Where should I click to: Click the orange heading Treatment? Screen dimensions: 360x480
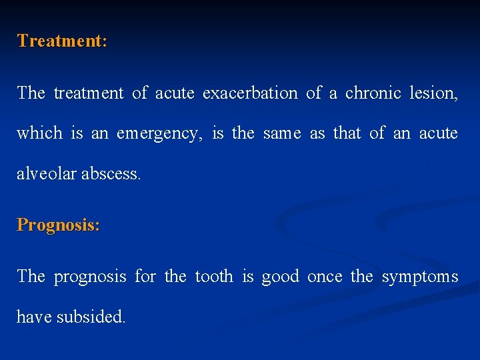[62, 41]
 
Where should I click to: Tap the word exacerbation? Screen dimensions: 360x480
[250, 93]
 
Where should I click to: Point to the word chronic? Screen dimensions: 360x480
[373, 93]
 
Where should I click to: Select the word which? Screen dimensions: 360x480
[39, 133]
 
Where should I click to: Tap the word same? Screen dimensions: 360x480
[283, 133]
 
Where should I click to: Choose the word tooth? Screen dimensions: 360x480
[213, 276]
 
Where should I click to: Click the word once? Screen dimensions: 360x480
[325, 276]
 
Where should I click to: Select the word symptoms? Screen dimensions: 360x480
[420, 277]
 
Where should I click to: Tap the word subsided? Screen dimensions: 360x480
[91, 317]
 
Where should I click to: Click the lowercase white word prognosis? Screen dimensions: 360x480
[89, 277]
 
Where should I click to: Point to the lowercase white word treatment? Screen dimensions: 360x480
[89, 93]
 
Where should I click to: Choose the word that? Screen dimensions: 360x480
[347, 133]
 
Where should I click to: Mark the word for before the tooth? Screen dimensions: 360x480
[145, 276]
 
